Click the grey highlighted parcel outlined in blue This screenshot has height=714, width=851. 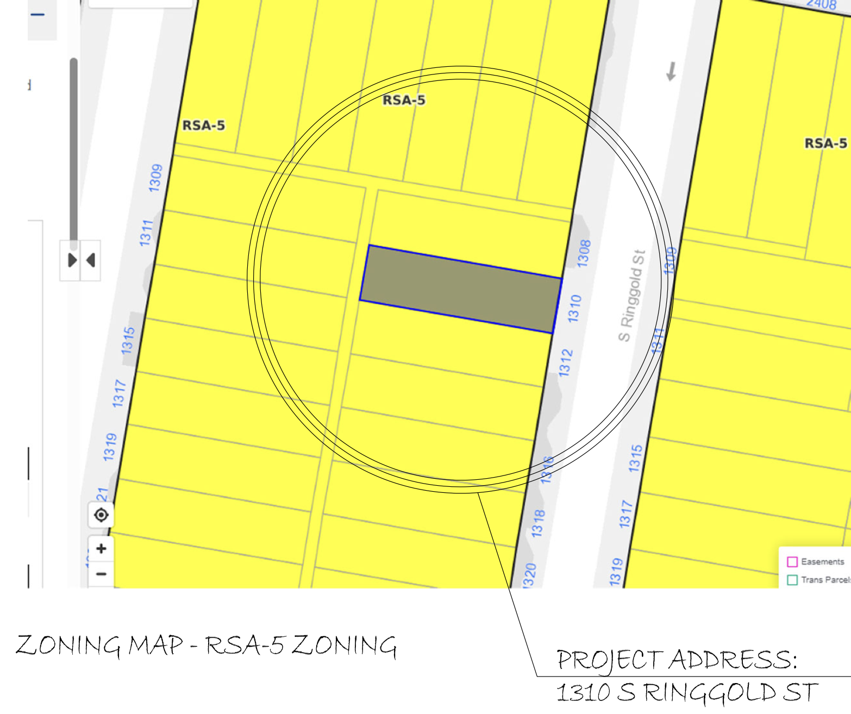[461, 289]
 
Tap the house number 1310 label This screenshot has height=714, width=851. [574, 309]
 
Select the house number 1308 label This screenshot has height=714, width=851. [584, 253]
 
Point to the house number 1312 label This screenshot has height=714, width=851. [566, 363]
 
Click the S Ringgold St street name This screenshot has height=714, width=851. [632, 296]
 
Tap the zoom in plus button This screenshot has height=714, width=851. [101, 548]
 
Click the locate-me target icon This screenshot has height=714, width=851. [101, 515]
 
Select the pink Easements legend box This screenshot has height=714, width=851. [792, 561]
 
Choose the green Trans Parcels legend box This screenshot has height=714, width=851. [792, 580]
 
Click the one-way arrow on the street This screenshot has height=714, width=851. [672, 71]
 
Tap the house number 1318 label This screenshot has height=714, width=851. [538, 523]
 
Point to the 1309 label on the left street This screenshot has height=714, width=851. [155, 178]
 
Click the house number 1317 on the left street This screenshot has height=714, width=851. [119, 393]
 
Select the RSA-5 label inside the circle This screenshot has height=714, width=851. [404, 100]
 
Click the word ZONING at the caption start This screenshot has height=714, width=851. [68, 646]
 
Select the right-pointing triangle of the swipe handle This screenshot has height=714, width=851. [72, 260]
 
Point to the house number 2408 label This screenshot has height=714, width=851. [821, 5]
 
